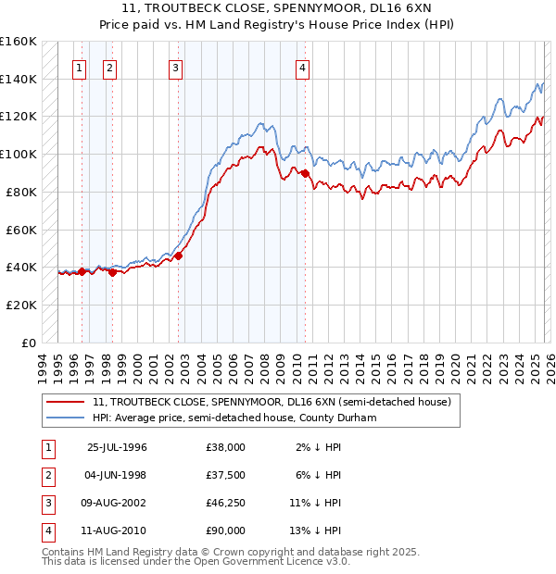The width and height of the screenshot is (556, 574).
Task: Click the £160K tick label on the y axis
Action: (x=19, y=42)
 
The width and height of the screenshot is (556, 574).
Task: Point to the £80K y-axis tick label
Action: (x=21, y=192)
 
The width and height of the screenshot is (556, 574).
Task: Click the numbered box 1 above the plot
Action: (x=79, y=67)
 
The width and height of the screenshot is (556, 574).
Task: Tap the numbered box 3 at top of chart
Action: (x=175, y=67)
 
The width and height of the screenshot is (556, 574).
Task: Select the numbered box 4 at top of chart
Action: (x=302, y=67)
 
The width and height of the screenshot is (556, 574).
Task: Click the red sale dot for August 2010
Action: (x=305, y=172)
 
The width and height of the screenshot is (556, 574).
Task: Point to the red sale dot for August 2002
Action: (x=178, y=256)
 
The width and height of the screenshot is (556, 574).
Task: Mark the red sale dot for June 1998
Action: (x=112, y=272)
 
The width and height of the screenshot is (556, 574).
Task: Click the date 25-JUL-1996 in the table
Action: (x=117, y=447)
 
